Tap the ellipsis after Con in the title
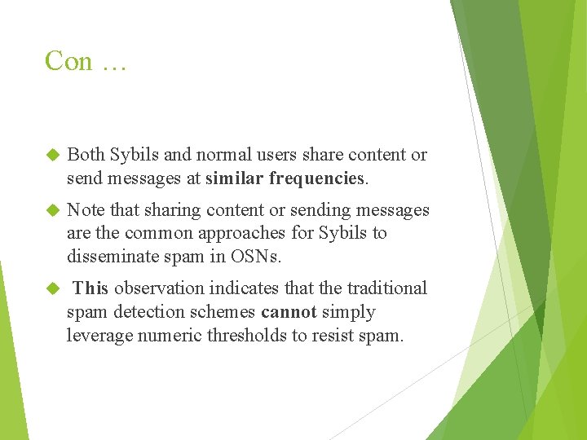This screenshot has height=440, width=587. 113,63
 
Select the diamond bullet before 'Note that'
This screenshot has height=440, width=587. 54,210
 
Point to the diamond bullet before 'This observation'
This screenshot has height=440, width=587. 54,288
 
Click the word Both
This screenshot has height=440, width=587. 86,155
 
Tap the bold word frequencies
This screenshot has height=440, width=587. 318,178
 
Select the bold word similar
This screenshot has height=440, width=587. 236,177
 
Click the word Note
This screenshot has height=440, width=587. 86,210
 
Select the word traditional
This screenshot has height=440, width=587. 387,288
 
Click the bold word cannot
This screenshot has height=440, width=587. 289,312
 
